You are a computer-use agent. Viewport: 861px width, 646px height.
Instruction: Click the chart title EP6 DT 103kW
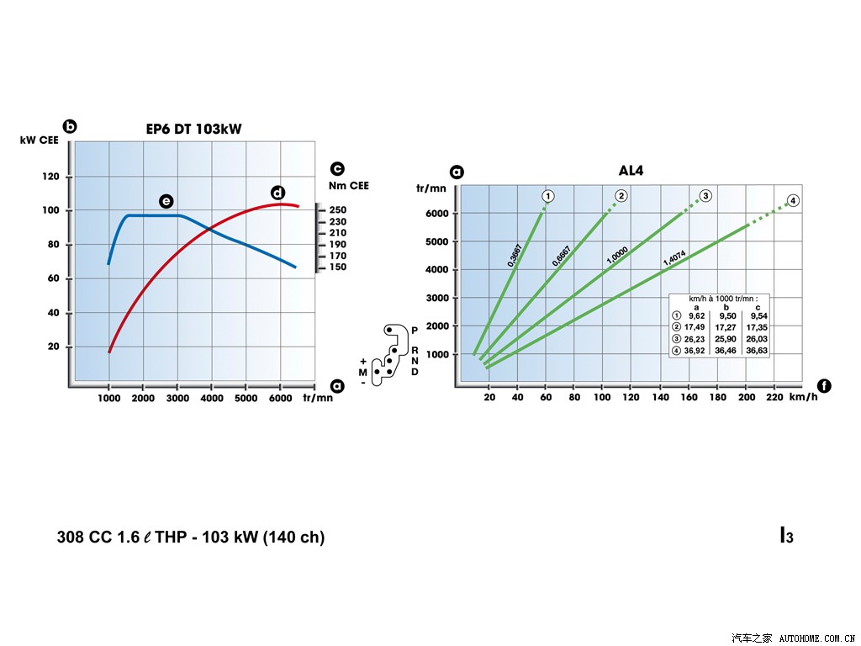194,129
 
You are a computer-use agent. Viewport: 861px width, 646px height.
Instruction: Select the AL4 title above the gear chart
631,170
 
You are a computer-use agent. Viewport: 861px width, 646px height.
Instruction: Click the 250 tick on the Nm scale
337,210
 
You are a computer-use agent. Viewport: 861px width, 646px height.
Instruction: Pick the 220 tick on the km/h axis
774,397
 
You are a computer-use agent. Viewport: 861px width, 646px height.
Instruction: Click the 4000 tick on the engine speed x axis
211,397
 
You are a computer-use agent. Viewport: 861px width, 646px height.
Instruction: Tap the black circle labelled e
166,201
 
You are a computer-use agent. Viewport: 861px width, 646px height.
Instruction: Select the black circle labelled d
277,193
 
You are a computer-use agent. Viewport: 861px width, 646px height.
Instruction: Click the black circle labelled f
824,386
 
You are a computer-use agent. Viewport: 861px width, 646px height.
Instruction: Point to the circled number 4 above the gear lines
792,200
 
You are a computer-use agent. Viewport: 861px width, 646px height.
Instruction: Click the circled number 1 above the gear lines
547,196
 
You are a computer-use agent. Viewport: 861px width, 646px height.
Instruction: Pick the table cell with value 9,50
727,316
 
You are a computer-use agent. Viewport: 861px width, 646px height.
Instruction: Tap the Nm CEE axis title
348,186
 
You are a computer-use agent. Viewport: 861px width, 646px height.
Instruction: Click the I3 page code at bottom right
787,535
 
